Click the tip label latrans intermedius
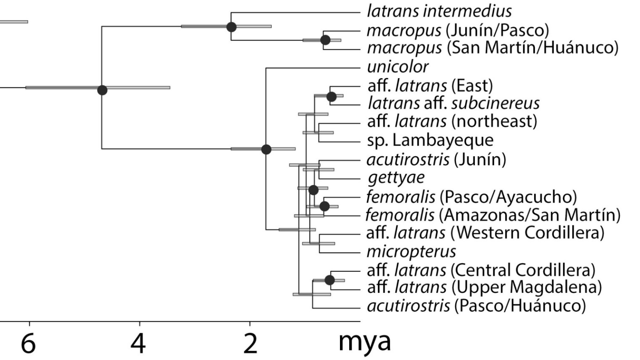tap(439, 11)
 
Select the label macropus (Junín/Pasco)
tap(458, 30)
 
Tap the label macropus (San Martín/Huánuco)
tap(493, 48)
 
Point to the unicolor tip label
tap(398, 67)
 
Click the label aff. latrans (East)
tap(430, 86)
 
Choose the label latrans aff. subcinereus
tap(454, 103)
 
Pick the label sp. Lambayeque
tap(430, 140)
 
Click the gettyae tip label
tap(396, 178)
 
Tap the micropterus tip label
tap(412, 252)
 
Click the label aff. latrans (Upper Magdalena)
tap(485, 287)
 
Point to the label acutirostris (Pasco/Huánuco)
tap(477, 306)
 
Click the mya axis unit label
tap(365, 342)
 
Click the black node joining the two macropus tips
tap(325, 40)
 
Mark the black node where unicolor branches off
tap(266, 149)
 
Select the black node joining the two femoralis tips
tap(324, 206)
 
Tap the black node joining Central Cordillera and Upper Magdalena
tap(330, 280)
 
